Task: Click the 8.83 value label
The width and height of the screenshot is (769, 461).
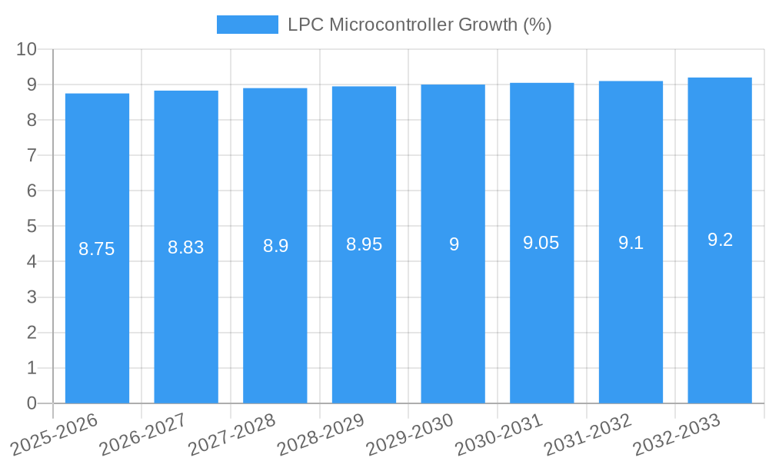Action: coord(186,247)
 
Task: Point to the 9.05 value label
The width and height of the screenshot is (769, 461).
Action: coord(541,244)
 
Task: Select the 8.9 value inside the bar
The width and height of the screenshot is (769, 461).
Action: coord(275,246)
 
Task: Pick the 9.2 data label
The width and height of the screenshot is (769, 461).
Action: coord(720,240)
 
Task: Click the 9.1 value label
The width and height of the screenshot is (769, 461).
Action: coord(631,243)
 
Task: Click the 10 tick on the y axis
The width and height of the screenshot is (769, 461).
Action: coord(27,49)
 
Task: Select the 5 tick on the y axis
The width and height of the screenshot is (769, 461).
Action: coord(32,227)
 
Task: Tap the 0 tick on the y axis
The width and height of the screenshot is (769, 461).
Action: coord(32,403)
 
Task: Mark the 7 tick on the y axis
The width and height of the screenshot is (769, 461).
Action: coord(32,155)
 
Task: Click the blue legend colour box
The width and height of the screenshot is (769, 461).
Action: coord(247,25)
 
